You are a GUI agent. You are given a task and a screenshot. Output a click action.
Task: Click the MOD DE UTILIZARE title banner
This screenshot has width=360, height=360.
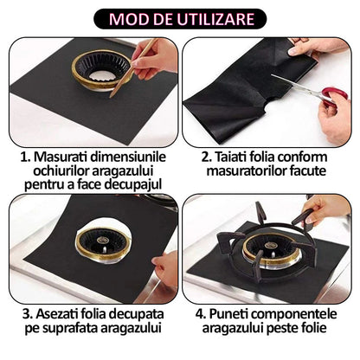[180, 17]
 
